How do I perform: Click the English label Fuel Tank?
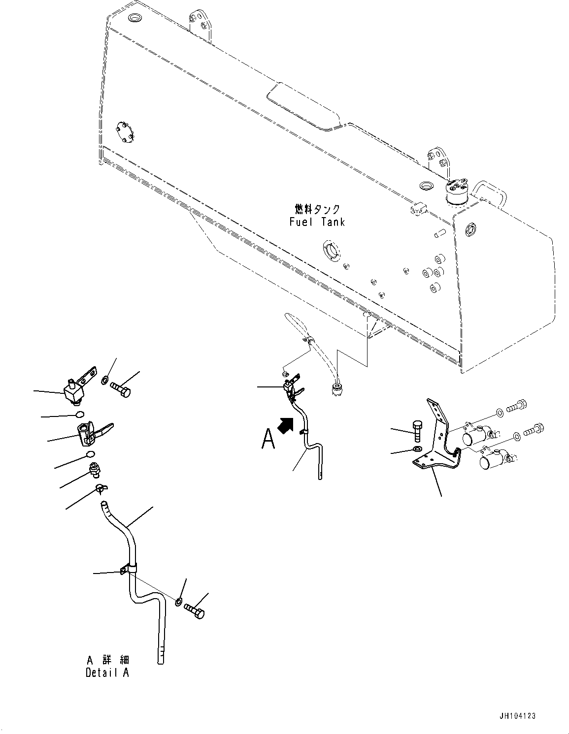(317, 222)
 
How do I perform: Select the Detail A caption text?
(107, 672)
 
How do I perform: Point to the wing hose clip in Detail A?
(102, 488)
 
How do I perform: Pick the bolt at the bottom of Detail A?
(195, 611)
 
